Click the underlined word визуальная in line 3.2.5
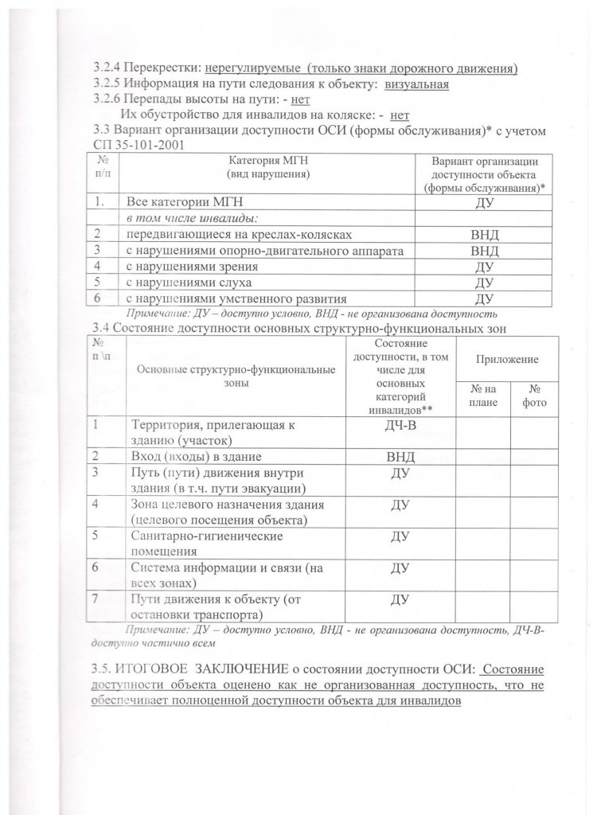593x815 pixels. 416,84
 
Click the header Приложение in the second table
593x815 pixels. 506,360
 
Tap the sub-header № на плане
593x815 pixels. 483,396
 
